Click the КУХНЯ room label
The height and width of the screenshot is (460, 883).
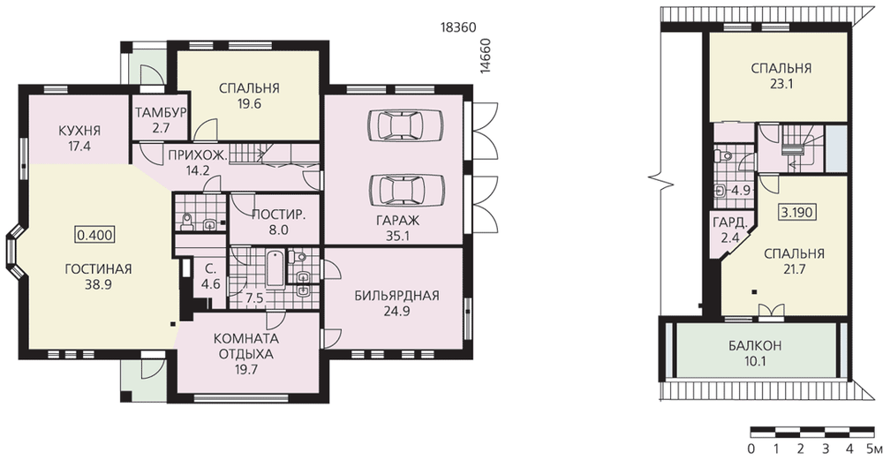pyautogui.click(x=79, y=131)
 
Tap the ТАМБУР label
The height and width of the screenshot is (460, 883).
pyautogui.click(x=161, y=113)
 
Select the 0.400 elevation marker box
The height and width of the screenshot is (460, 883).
pyautogui.click(x=95, y=234)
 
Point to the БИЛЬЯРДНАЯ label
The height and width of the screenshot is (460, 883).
pyautogui.click(x=397, y=296)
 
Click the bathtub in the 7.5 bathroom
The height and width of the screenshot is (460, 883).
pyautogui.click(x=275, y=269)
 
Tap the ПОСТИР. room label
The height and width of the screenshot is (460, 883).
pyautogui.click(x=279, y=215)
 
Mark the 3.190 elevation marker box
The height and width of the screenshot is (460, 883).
pyautogui.click(x=797, y=212)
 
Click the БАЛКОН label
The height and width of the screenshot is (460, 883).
pyautogui.click(x=755, y=346)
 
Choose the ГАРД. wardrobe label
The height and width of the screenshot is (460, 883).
pyautogui.click(x=730, y=222)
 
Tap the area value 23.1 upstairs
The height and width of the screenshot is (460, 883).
pyautogui.click(x=781, y=84)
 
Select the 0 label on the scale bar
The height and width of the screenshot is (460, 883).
pyautogui.click(x=751, y=449)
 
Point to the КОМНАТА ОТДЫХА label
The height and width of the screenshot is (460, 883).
pyautogui.click(x=246, y=347)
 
